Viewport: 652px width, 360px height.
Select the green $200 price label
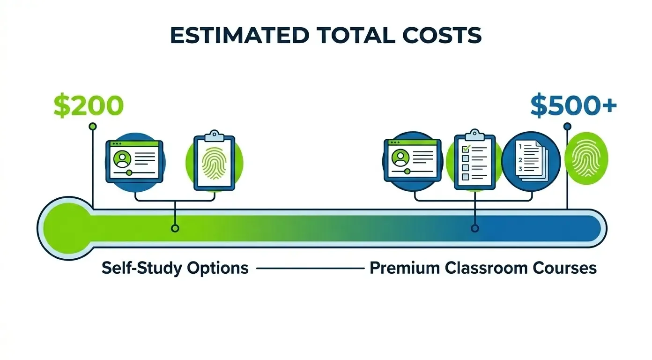(x=89, y=106)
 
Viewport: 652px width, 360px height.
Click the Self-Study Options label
(x=175, y=268)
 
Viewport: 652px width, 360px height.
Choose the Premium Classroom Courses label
(x=483, y=268)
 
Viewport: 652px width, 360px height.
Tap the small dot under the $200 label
(x=93, y=126)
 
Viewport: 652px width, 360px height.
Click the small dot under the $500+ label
(x=567, y=126)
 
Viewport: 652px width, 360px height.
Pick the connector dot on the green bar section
(x=175, y=228)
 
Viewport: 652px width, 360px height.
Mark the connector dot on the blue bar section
(x=475, y=228)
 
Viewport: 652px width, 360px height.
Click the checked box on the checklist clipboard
(x=466, y=149)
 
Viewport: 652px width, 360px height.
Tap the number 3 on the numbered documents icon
(x=520, y=169)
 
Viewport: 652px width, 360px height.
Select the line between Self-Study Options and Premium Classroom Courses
(x=309, y=269)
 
